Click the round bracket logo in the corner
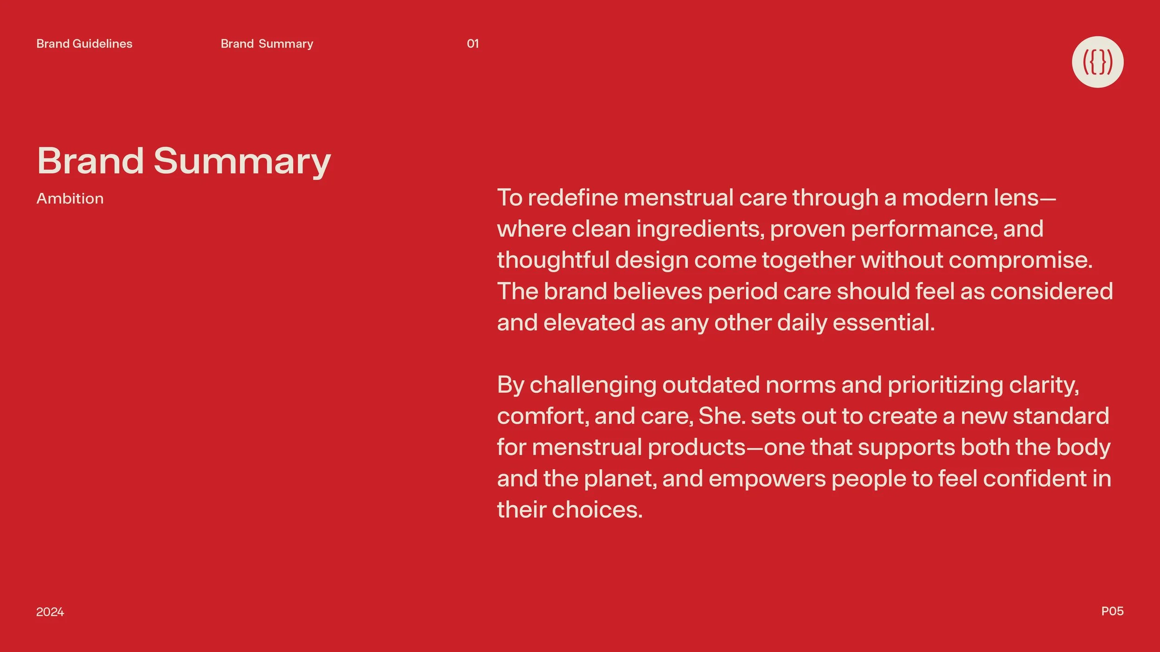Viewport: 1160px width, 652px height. [1097, 62]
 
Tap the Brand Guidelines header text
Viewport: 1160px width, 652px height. [84, 44]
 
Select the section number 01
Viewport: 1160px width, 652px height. [472, 44]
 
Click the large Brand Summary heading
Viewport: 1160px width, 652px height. [184, 161]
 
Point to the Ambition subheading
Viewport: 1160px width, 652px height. [70, 198]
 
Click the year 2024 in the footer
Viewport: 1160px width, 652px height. [50, 612]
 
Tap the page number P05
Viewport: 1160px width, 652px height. [1112, 611]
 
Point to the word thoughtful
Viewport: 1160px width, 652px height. [553, 260]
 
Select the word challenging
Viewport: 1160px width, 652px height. [593, 385]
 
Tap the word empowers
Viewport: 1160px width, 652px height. [767, 479]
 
